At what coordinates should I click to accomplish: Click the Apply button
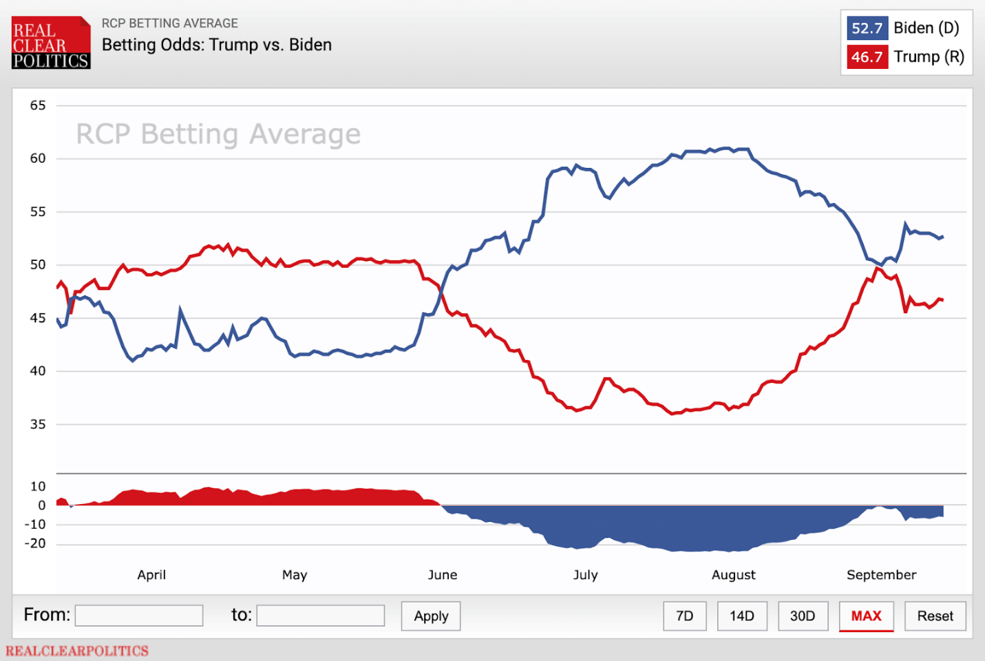pos(431,616)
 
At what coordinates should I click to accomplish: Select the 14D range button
pos(741,616)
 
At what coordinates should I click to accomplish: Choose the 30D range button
pos(803,616)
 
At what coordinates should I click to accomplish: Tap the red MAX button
pos(866,616)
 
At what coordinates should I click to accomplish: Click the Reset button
pos(935,616)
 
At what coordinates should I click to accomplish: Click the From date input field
pos(139,616)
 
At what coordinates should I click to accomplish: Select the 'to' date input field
pos(320,616)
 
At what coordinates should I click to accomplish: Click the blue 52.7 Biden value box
pos(867,28)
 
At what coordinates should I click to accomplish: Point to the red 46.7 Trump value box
pos(867,57)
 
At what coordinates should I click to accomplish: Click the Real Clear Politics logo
pos(51,43)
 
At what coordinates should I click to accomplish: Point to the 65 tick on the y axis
pos(38,105)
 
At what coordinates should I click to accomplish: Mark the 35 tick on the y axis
pos(38,424)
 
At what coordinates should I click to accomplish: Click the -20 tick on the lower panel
pos(35,543)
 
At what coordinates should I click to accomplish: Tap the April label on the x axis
pos(151,575)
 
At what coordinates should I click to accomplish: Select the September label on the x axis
pos(881,575)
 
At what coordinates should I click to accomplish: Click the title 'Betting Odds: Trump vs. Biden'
pos(217,45)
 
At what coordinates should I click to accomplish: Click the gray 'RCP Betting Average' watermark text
pos(218,134)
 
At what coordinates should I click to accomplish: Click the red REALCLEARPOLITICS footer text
pos(77,651)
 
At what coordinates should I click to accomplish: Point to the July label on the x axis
pos(585,575)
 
